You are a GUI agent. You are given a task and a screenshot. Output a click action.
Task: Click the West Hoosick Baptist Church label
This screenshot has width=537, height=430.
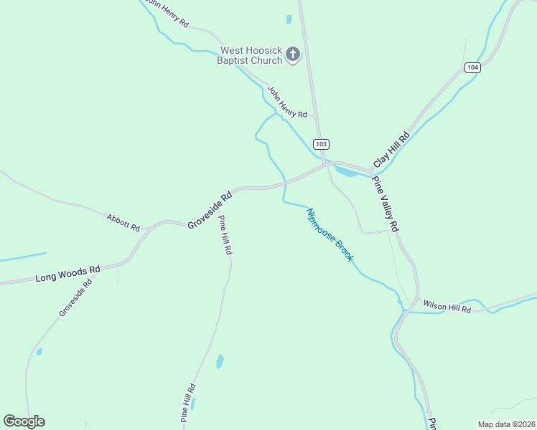(251, 55)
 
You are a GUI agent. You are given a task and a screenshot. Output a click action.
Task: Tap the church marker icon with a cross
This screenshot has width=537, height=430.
(293, 54)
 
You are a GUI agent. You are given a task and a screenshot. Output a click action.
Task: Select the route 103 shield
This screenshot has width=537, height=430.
(321, 144)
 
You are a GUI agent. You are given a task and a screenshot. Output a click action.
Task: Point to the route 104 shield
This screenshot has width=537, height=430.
(472, 67)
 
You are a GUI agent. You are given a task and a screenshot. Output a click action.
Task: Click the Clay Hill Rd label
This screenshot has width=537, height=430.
(391, 149)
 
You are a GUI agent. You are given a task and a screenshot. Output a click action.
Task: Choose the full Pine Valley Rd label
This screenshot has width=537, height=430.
(385, 204)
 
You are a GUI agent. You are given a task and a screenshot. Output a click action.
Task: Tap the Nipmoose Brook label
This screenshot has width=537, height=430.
(330, 235)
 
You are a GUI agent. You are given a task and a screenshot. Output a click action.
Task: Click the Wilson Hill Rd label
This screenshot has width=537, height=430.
(447, 307)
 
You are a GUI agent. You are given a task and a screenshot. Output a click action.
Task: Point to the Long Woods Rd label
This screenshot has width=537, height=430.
(67, 273)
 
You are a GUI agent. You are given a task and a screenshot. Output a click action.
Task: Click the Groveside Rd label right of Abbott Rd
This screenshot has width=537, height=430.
(210, 210)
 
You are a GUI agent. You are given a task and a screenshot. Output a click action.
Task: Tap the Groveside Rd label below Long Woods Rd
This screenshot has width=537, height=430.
(76, 298)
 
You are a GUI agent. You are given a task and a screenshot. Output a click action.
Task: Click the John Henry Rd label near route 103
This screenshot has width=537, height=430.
(287, 102)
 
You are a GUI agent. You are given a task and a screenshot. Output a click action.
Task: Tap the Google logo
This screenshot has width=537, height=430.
(24, 421)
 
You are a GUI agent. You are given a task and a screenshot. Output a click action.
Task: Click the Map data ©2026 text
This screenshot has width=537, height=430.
(506, 424)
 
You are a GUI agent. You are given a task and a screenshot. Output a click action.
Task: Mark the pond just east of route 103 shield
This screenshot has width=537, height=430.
(346, 172)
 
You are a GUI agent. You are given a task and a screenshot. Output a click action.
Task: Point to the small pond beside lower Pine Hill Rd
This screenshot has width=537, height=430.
(220, 361)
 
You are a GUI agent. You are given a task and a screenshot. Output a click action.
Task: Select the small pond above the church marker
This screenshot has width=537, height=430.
(289, 19)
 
